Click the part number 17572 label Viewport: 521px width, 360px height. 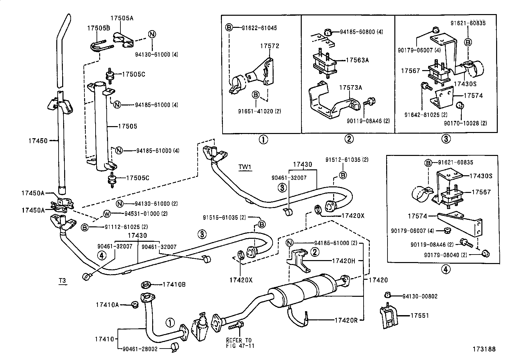[x=270, y=46]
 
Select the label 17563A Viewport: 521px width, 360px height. [x=357, y=60]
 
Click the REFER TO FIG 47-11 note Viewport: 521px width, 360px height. [x=240, y=343]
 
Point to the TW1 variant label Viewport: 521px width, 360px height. [x=245, y=167]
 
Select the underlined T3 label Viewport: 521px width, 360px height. [x=62, y=280]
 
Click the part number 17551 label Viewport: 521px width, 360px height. [x=420, y=315]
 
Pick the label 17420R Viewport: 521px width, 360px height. [x=346, y=320]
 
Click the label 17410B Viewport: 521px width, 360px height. [x=174, y=284]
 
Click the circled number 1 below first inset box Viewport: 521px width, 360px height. [x=263, y=140]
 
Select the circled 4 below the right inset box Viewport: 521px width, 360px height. [x=446, y=269]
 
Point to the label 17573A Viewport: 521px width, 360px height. [x=350, y=87]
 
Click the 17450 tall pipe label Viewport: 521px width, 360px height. [x=38, y=141]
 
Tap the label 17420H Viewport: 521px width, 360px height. [x=343, y=261]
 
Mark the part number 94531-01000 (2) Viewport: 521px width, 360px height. [x=146, y=214]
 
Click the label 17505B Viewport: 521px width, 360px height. [x=98, y=28]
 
